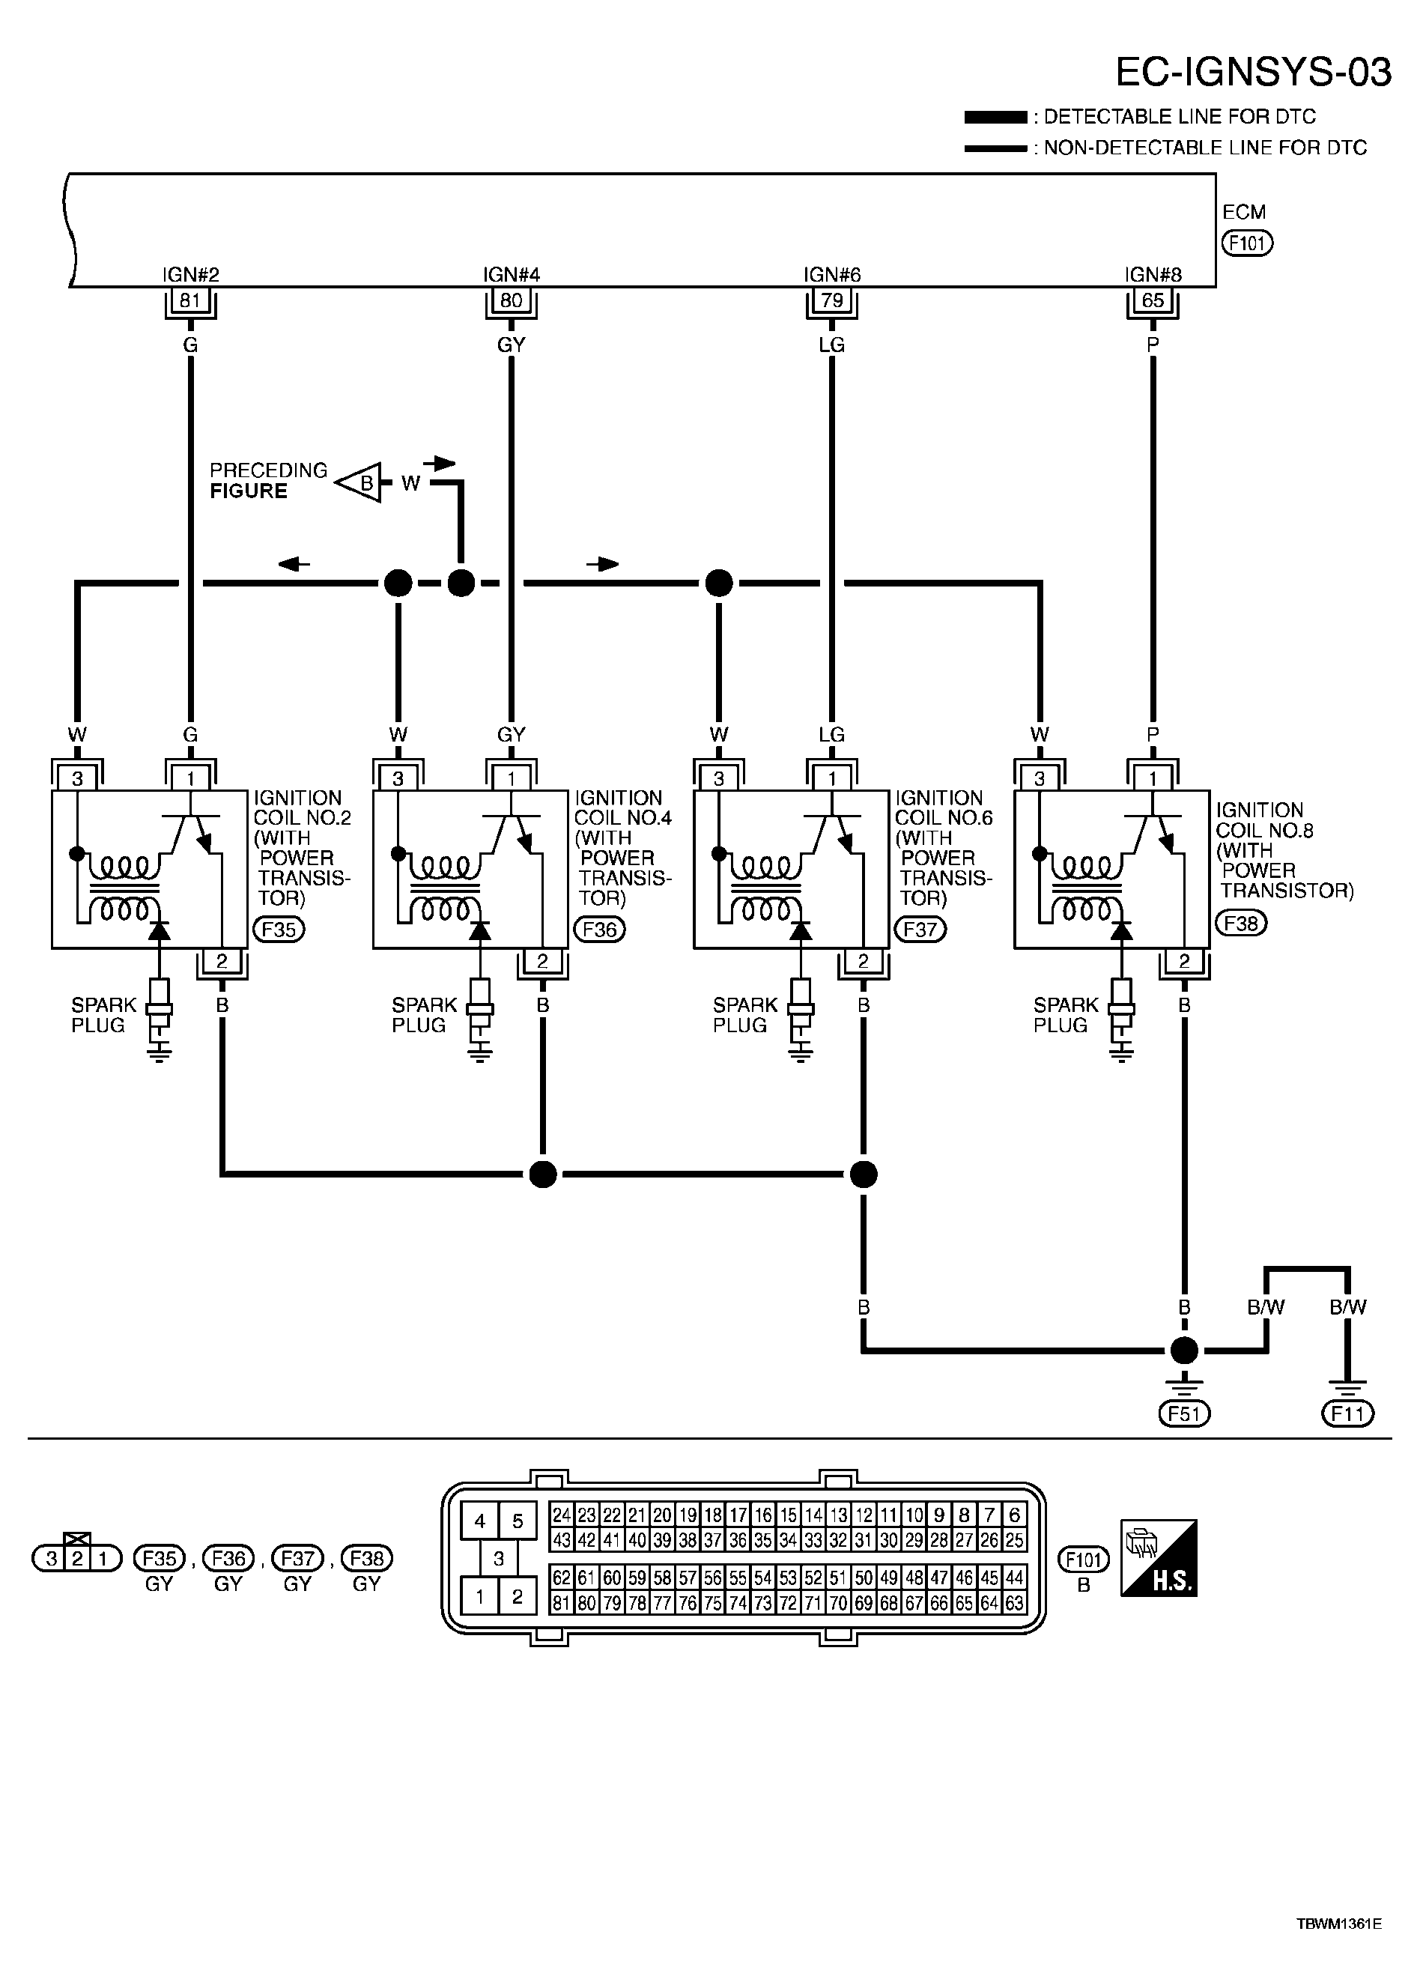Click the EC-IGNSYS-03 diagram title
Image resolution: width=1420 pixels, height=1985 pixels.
tap(1253, 73)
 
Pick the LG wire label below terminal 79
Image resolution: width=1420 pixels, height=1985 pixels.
tap(831, 345)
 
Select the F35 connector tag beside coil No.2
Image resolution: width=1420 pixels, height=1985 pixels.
tap(279, 930)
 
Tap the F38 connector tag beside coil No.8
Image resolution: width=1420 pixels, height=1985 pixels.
tap(1241, 923)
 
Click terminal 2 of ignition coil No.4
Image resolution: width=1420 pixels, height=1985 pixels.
tap(542, 961)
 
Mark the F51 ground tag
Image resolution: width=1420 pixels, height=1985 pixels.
tap(1184, 1414)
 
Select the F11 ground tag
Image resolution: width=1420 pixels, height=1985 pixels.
tap(1347, 1414)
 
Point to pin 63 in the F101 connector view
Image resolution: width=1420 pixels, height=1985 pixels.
tap(1014, 1604)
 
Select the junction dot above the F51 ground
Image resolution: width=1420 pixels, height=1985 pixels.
tap(1184, 1351)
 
